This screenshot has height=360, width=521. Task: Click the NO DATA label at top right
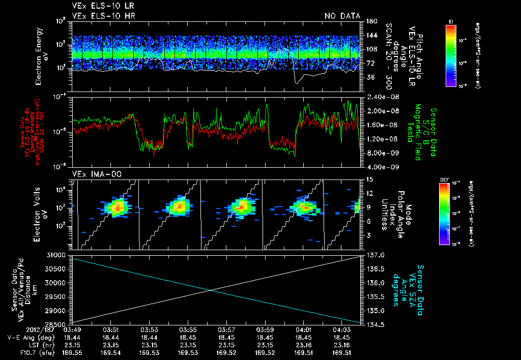[x=342, y=16]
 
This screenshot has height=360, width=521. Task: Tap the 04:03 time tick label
[x=341, y=330]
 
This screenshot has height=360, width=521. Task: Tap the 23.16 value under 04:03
[x=341, y=345]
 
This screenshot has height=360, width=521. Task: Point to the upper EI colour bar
[x=450, y=53]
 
